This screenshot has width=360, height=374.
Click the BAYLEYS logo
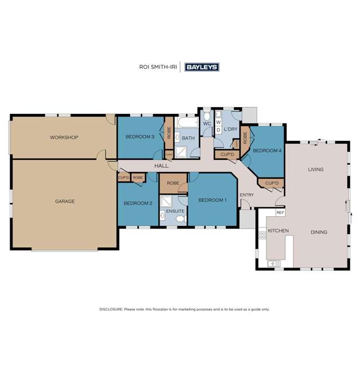click(201, 67)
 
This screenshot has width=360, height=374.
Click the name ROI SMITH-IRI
click(157, 67)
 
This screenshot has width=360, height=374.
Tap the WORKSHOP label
click(64, 137)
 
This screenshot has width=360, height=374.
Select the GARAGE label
click(65, 201)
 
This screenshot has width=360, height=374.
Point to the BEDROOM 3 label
click(139, 137)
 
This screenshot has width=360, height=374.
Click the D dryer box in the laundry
click(218, 130)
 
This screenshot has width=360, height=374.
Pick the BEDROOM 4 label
click(266, 151)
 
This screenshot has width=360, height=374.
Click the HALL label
click(162, 166)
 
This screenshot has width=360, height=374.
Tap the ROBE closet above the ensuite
click(173, 183)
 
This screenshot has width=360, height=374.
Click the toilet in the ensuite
click(180, 219)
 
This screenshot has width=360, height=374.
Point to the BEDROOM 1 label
click(212, 200)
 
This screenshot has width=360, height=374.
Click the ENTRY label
click(246, 195)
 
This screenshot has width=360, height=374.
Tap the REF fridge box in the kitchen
click(280, 213)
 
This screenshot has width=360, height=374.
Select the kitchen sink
click(274, 263)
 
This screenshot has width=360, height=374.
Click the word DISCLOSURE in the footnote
click(112, 309)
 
